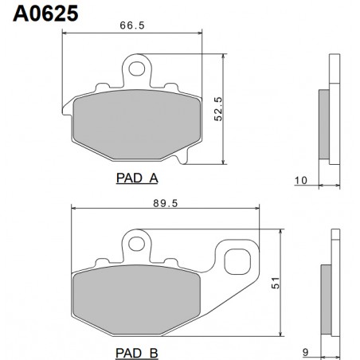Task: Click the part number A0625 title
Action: (x=45, y=14)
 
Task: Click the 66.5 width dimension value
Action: (x=132, y=25)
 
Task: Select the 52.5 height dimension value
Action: (x=218, y=109)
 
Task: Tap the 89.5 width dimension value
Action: (x=166, y=203)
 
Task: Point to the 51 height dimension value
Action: (x=276, y=283)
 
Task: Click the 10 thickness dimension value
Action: (x=301, y=181)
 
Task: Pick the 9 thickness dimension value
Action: (x=305, y=353)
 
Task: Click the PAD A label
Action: (x=137, y=178)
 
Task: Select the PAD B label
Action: (x=137, y=353)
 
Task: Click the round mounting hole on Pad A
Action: (x=137, y=68)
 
